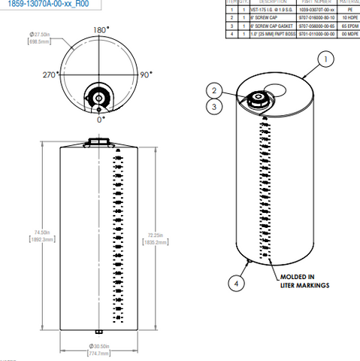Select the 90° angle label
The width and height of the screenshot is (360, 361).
146,75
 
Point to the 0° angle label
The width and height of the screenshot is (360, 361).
101,118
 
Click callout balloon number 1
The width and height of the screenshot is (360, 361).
325,58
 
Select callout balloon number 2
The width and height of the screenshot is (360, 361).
215,90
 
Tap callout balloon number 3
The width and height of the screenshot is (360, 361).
215,107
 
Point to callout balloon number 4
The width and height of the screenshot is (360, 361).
237,283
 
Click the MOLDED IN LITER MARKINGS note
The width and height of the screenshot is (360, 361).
301,281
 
